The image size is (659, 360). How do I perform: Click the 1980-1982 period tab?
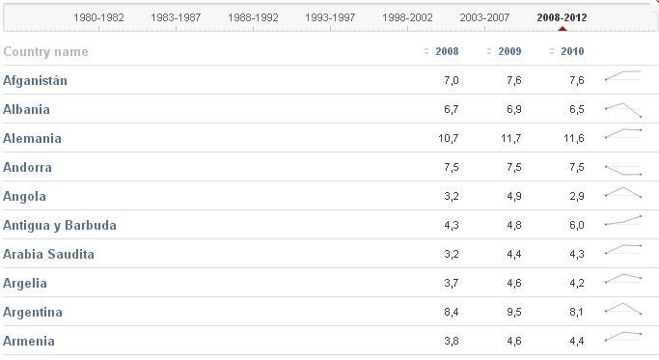coord(98,17)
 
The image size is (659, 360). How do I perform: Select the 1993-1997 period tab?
coord(330,17)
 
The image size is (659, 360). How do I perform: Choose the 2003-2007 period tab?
coord(484,17)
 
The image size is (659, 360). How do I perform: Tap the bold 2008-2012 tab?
coord(562,17)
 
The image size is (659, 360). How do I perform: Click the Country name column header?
coord(45,52)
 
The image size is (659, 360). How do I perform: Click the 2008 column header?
coord(447,52)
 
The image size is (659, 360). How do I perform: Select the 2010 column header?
coord(572,52)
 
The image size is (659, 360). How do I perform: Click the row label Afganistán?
coord(35,81)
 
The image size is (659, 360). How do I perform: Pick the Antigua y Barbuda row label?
coord(60,226)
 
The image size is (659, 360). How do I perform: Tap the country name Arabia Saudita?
coord(48,255)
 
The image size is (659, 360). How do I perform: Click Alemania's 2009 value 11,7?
coord(510,139)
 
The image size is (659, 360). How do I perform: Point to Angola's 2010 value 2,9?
coord(576,197)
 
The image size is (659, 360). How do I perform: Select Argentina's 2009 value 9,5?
coord(513,313)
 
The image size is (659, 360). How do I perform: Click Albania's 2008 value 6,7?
coord(451,110)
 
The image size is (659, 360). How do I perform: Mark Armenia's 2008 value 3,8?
coord(451,342)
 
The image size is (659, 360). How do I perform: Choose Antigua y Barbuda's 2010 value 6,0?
coord(576,226)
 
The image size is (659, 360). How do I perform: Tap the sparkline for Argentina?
coord(622,311)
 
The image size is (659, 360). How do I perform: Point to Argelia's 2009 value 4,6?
coord(513,284)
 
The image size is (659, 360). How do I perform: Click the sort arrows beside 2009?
coord(489,52)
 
